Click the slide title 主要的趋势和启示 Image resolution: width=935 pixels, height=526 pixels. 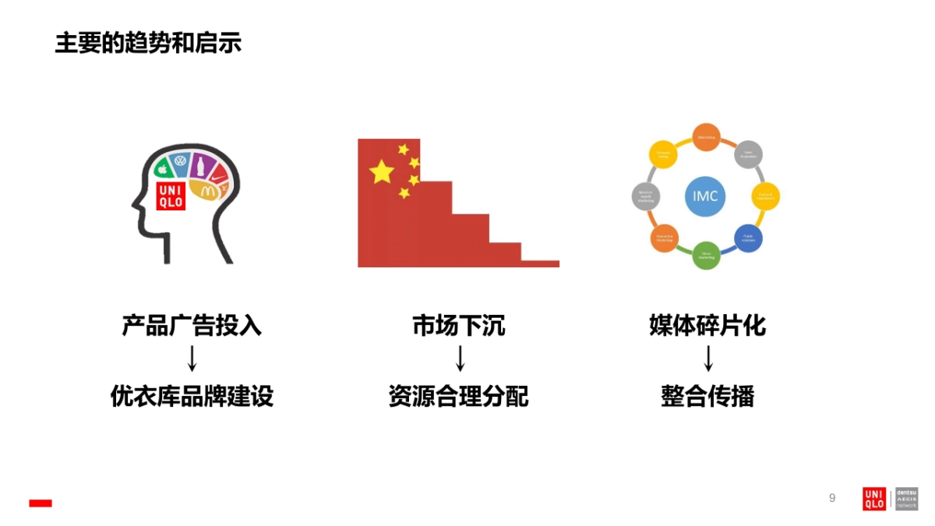pos(148,42)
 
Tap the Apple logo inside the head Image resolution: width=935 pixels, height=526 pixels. pos(164,168)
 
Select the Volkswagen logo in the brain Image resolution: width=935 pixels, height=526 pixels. pos(181,162)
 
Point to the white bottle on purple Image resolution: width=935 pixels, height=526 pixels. pos(199,165)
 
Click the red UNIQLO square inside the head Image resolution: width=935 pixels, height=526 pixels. pos(171,196)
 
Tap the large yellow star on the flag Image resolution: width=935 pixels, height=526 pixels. pos(382,171)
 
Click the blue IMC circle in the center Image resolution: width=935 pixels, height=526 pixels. pos(705,196)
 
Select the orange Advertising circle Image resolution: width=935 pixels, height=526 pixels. pos(706,137)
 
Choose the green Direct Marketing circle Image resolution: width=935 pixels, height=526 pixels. pos(706,255)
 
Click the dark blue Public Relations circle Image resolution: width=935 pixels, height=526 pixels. pos(748,238)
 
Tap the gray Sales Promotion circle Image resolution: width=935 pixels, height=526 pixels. pos(749,154)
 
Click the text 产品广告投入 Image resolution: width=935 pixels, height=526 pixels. pos(192,325)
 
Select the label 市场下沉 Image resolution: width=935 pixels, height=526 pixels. pos(459,325)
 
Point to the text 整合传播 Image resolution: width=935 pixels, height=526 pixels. pos(707,397)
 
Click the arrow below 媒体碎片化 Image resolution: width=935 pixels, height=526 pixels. pos(708,359)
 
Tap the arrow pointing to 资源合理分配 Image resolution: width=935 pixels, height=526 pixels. pos(460,359)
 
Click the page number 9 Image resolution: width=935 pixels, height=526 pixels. pos(832,498)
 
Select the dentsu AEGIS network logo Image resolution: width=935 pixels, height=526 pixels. pos(906,499)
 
